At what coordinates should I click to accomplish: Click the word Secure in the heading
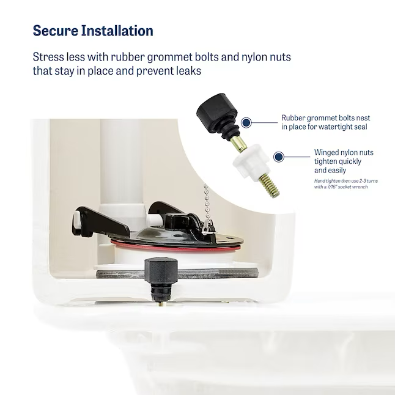(56, 31)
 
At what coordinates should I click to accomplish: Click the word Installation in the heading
(117, 31)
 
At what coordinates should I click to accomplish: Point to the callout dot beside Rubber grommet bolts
(246, 123)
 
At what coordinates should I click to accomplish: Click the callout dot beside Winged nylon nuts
(279, 157)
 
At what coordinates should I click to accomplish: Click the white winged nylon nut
(248, 163)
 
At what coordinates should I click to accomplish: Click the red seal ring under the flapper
(176, 248)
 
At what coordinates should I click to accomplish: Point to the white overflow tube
(120, 161)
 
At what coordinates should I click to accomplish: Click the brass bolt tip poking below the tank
(161, 304)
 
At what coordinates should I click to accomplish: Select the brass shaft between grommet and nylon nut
(240, 144)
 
